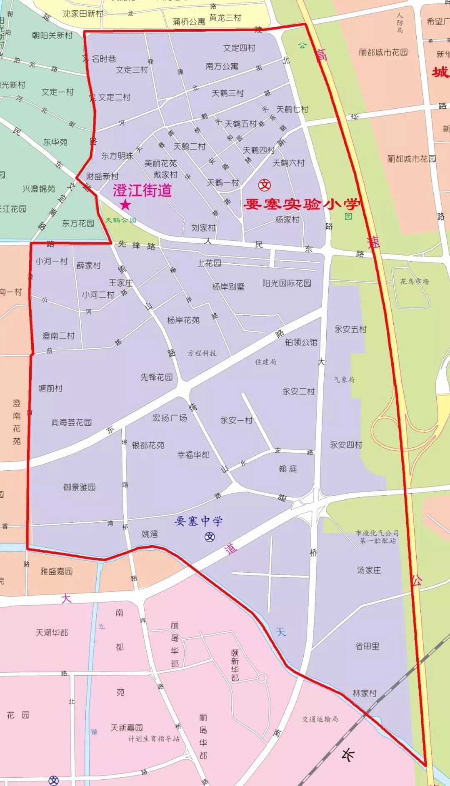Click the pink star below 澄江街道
125,205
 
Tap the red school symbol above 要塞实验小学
265,185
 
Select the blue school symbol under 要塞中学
210,536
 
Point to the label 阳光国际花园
287,283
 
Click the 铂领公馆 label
301,342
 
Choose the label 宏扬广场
170,418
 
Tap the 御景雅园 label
80,487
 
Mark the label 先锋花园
156,377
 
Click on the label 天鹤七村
292,110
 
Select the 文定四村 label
239,48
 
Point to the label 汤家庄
369,570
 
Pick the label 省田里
367,646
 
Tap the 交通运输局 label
320,719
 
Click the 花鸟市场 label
415,282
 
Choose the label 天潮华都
52,633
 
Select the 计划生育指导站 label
154,739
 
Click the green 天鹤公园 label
120,220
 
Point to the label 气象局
344,379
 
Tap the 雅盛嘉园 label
56,571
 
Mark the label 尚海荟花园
72,422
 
